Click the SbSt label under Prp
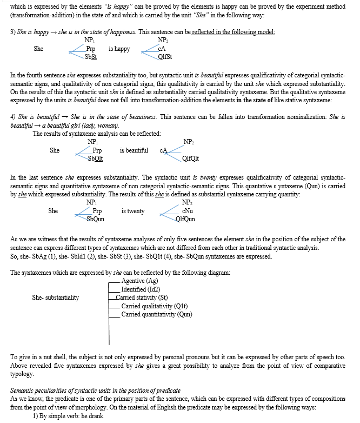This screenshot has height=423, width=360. point(91,56)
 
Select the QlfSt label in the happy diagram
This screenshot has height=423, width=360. point(165,56)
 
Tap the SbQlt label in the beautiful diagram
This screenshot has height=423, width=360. point(96,158)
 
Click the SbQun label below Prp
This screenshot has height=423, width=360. point(96,219)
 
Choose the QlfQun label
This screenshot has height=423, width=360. point(185,219)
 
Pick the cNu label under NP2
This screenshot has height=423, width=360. point(188,211)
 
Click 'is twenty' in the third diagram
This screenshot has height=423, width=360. point(133,211)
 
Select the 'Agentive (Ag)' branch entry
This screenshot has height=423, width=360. point(139,281)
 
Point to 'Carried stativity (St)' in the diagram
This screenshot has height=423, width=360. point(144,298)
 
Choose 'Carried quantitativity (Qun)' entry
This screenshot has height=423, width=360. point(157,314)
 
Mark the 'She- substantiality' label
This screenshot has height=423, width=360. point(56,298)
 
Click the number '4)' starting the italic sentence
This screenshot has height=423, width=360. point(14,117)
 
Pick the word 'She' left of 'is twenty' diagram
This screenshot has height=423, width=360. point(53,211)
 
